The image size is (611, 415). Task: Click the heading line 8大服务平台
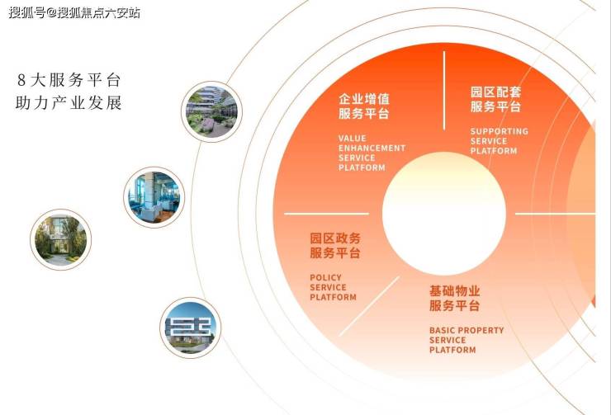point(69,80)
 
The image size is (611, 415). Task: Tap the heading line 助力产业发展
point(69,103)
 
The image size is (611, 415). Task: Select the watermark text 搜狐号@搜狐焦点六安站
point(74,13)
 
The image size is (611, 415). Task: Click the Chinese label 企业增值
point(364,99)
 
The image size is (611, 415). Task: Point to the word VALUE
point(353,139)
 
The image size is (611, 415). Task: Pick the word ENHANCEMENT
point(372,148)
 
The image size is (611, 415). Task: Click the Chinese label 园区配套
point(495,92)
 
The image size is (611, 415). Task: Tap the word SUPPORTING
point(500,131)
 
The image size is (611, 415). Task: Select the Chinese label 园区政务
point(335,238)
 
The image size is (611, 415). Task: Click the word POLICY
point(326,277)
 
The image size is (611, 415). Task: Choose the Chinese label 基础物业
point(455,290)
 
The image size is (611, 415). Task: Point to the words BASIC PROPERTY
point(467,330)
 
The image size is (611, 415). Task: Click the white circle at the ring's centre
point(444,214)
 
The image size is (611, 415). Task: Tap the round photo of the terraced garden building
point(211,111)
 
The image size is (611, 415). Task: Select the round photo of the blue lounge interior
point(154,197)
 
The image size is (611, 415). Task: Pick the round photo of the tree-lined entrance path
point(60,239)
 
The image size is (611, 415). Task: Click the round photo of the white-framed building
point(190,328)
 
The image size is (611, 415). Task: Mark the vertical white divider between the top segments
point(444,90)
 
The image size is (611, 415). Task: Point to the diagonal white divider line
point(369,306)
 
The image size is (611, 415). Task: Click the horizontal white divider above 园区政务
point(326,214)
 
